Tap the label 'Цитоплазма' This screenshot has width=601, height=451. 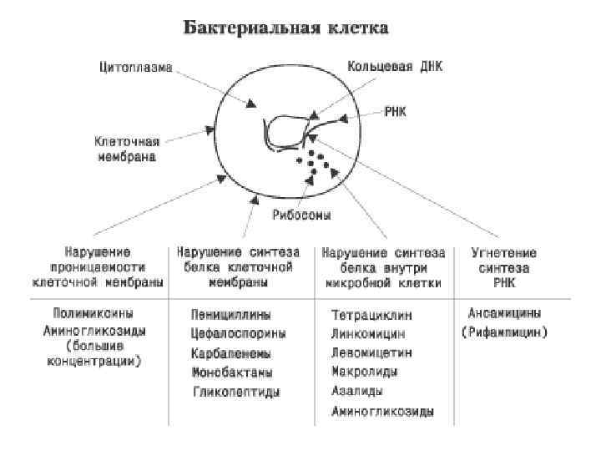pyautogui.click(x=136, y=68)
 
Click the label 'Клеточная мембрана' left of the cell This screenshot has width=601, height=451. pyautogui.click(x=126, y=149)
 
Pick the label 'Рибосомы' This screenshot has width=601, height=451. pyautogui.click(x=302, y=215)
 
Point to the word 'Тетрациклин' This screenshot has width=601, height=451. pyautogui.click(x=371, y=317)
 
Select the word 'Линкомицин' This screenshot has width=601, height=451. pyautogui.click(x=368, y=335)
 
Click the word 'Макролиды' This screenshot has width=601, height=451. pyautogui.click(x=364, y=372)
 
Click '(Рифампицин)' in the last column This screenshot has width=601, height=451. pyautogui.click(x=504, y=333)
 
